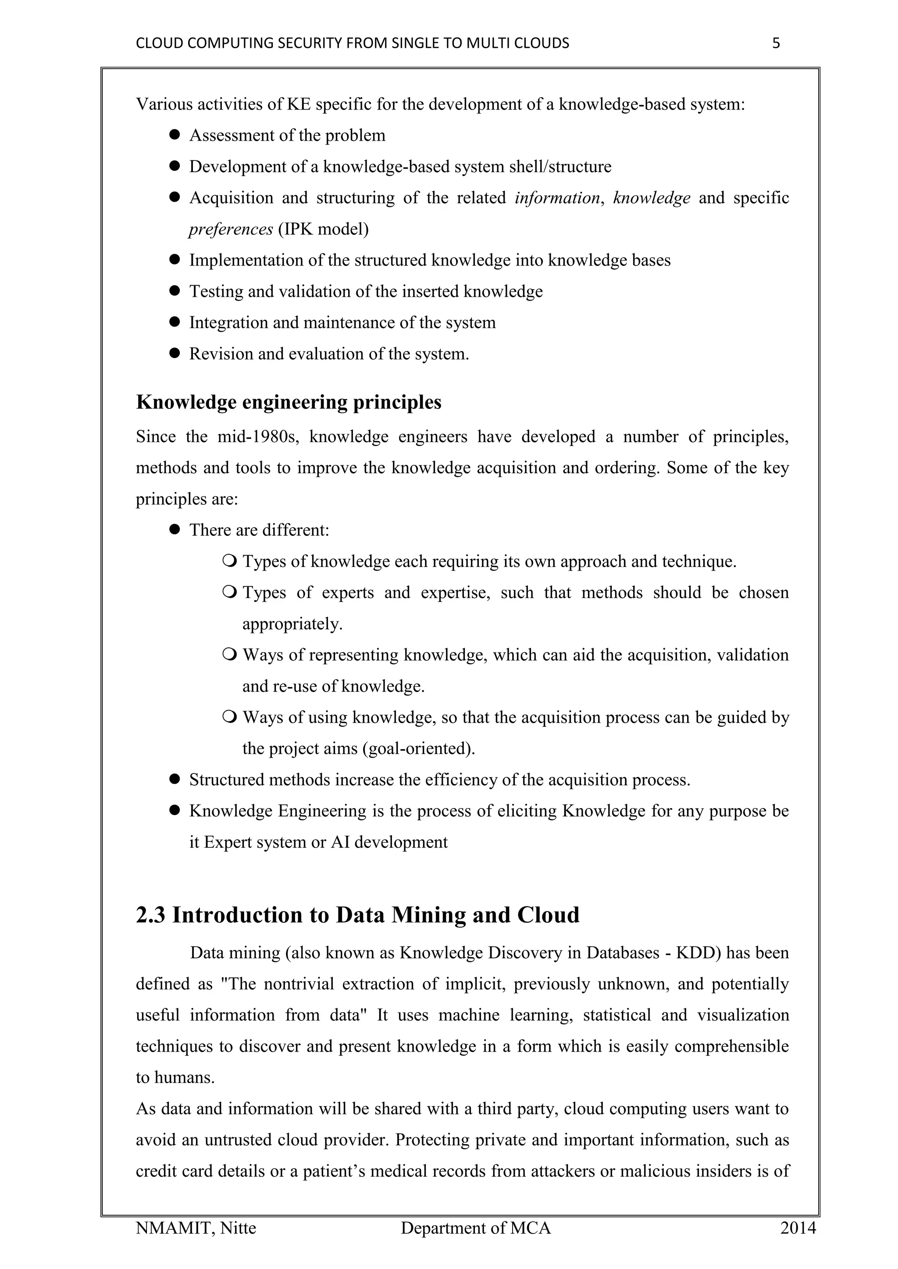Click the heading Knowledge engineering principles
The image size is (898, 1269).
coord(289,402)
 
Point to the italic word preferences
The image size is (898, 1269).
coord(231,229)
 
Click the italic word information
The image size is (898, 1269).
coord(557,198)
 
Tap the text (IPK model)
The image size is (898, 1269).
coord(323,229)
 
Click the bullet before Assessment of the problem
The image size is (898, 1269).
coord(175,135)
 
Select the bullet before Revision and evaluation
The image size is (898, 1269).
coord(175,353)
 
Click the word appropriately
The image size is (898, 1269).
coord(292,624)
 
